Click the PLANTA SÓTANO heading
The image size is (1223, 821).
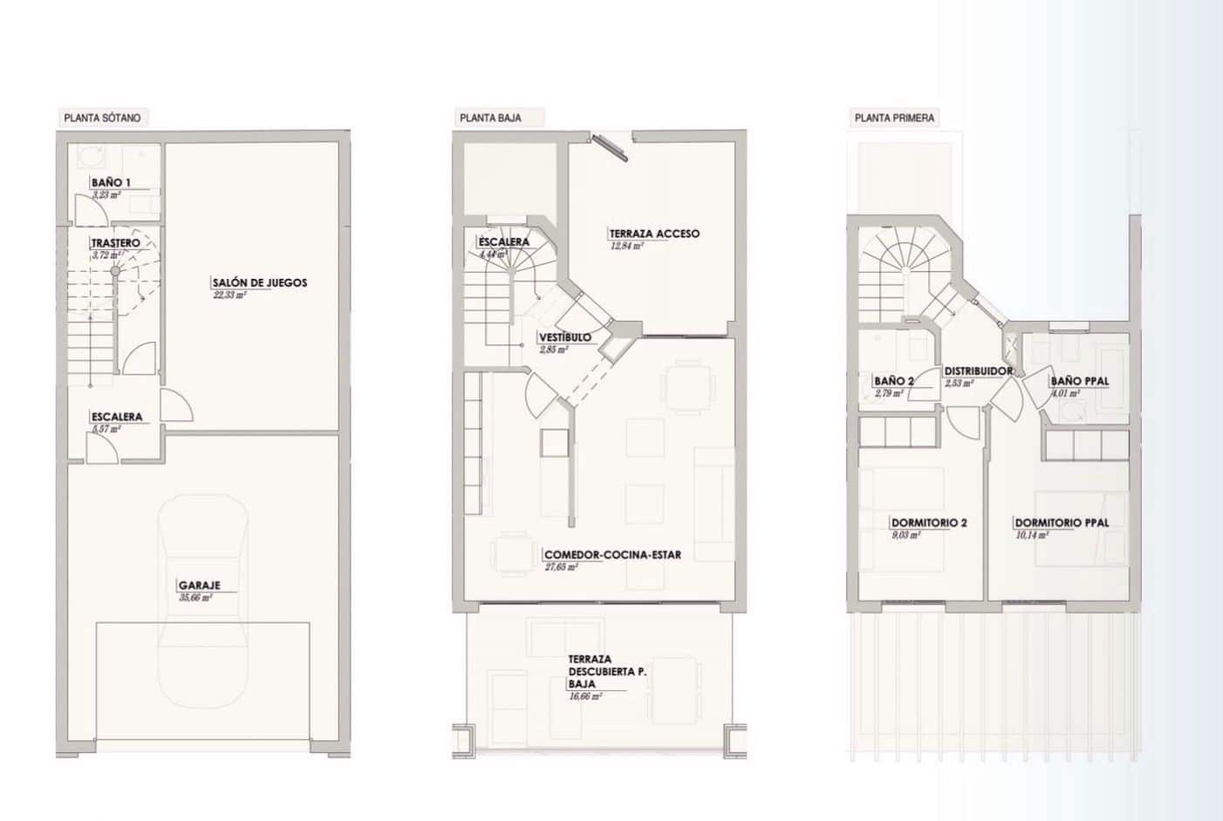click(x=102, y=118)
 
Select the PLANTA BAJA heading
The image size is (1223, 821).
click(x=490, y=118)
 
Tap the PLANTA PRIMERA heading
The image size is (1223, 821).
click(x=894, y=118)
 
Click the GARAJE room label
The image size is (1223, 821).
click(x=200, y=586)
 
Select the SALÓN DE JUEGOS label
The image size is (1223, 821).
click(x=260, y=282)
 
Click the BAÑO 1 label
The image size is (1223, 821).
click(x=111, y=183)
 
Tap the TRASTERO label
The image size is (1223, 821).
click(x=115, y=242)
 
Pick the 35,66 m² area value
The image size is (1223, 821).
click(x=195, y=599)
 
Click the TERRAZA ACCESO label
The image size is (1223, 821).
click(x=654, y=234)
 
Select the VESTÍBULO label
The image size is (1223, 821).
click(x=565, y=337)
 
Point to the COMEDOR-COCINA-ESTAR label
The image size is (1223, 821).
click(x=612, y=554)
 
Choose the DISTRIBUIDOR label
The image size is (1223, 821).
click(x=978, y=371)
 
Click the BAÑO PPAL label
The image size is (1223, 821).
click(x=1080, y=381)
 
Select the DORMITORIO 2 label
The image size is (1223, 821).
click(x=928, y=523)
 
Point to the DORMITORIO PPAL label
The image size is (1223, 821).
click(x=1062, y=523)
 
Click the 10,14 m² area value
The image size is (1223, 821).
click(x=1032, y=535)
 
